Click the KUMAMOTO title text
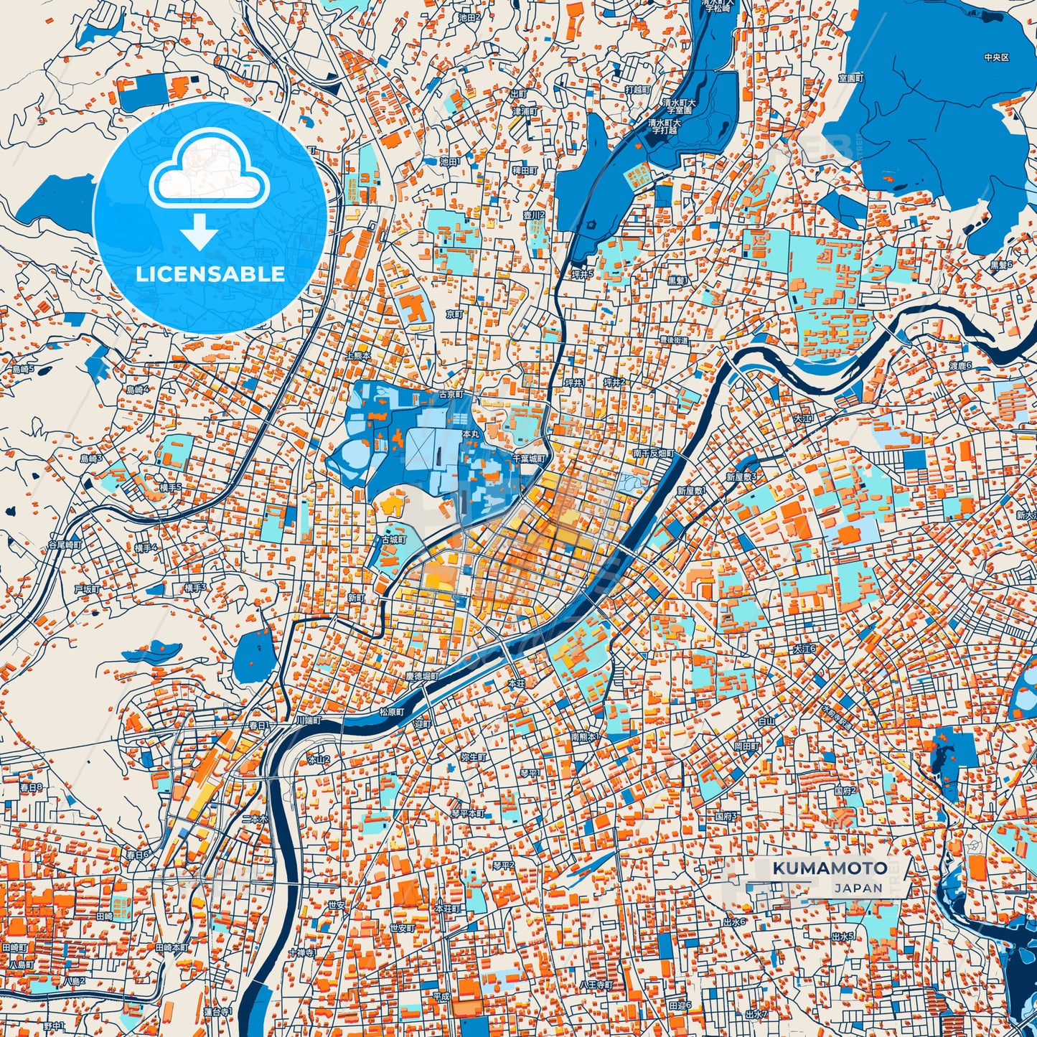tap(829, 868)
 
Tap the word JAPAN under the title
tap(858, 888)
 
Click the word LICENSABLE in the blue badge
tap(210, 274)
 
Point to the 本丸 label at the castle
tap(470, 435)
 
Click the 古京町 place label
tap(451, 395)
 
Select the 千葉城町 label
tap(530, 458)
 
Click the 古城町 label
tap(394, 540)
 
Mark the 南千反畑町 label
tap(653, 454)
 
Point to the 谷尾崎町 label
tap(65, 545)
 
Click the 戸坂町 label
tap(87, 589)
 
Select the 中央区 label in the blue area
tap(996, 57)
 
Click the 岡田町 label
tap(746, 746)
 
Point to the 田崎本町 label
tap(172, 947)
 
